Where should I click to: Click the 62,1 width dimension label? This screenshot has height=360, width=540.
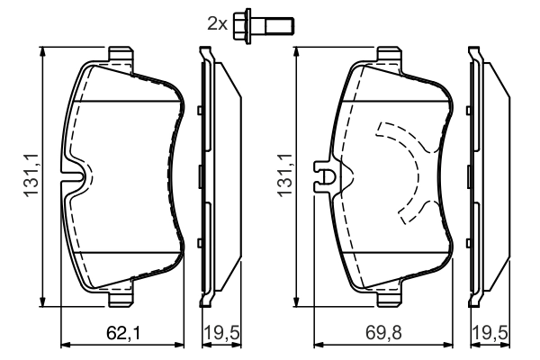coord(123,334)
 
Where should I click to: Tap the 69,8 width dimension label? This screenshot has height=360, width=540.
coord(384,334)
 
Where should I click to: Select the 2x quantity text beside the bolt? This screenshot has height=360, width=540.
coord(217,24)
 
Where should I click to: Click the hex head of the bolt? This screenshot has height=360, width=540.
coord(242,26)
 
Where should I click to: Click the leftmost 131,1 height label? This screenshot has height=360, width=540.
coord(31,175)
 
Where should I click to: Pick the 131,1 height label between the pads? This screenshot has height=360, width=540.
coord(285,175)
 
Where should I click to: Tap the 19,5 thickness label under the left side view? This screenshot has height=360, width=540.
coord(221,334)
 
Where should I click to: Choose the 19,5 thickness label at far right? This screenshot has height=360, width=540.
coord(490,334)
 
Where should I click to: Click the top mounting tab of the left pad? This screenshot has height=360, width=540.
coord(121,54)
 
